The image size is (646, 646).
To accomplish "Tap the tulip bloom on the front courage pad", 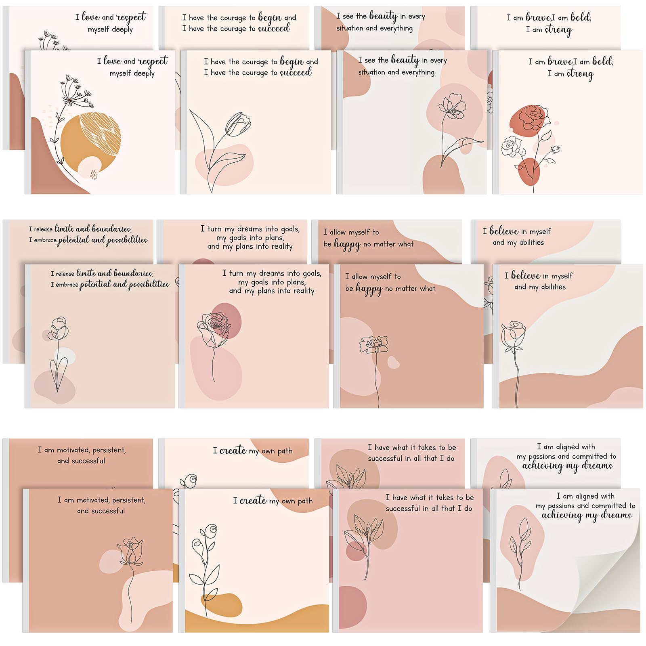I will click(x=239, y=123).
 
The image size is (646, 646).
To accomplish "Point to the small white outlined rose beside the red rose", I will click(x=511, y=146).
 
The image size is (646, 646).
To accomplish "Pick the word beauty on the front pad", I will click(x=405, y=61).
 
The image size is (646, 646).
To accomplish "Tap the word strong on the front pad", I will click(x=580, y=74).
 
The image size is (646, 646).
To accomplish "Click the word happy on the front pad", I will click(x=369, y=289).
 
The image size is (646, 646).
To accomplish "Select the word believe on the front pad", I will click(x=526, y=276).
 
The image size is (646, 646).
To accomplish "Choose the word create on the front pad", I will click(x=253, y=501).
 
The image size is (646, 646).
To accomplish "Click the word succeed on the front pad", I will click(x=296, y=73).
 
